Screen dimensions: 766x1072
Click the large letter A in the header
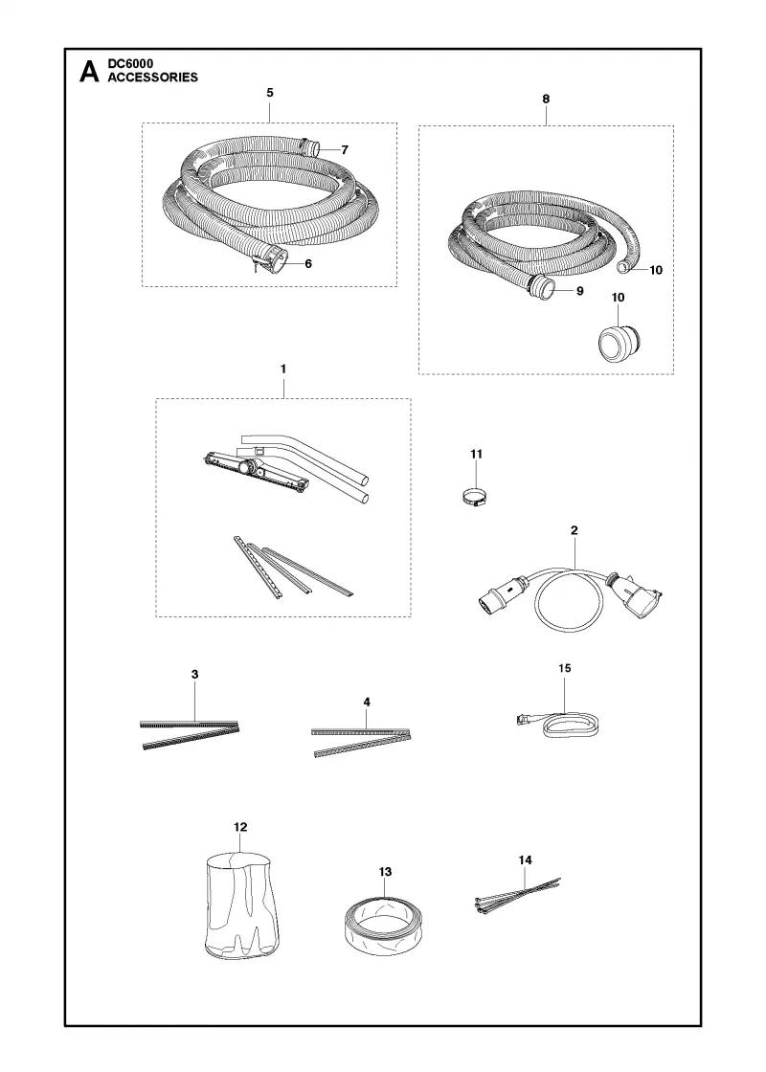89,72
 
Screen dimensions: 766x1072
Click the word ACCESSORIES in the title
152,78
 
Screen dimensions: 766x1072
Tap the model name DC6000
130,64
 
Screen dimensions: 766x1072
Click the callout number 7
345,149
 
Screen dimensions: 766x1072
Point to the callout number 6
308,263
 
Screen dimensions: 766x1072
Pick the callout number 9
580,291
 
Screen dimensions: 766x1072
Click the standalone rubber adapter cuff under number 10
619,341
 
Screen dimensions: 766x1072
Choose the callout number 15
565,668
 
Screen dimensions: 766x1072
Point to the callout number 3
195,674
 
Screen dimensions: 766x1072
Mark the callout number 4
367,703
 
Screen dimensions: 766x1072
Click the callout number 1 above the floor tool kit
283,369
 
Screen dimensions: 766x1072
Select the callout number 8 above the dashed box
546,99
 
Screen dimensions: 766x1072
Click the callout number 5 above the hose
270,92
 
